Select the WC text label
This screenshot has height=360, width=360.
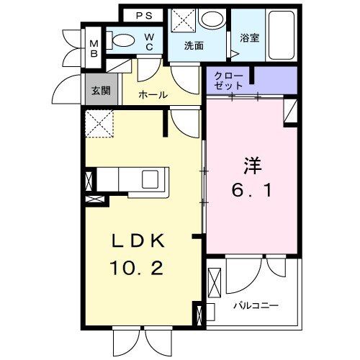click(x=148, y=42)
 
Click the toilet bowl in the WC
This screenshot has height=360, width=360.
click(x=124, y=42)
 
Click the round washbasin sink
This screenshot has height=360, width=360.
click(x=212, y=20)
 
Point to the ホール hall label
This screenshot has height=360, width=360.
click(x=153, y=94)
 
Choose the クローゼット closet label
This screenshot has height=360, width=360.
click(x=229, y=80)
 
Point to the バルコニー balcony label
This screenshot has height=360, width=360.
click(x=256, y=305)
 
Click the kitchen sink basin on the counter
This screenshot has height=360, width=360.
click(x=153, y=177)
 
